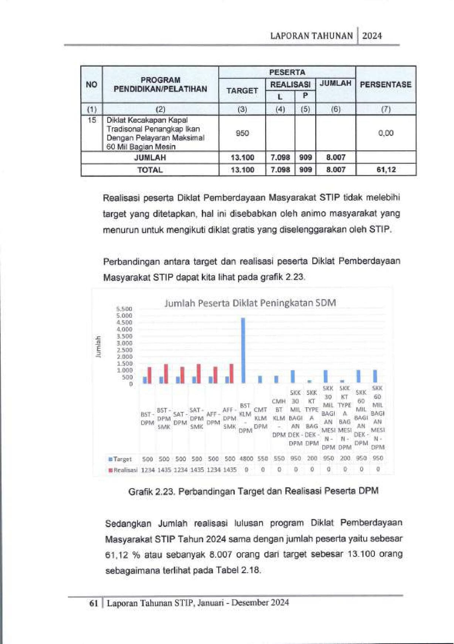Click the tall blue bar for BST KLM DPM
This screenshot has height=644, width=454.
coord(243,350)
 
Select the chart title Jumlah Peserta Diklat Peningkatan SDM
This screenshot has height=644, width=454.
coord(250,303)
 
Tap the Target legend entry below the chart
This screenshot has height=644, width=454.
coord(121,459)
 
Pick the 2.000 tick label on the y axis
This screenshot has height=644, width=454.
coord(124,357)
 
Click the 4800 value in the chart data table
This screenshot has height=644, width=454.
coord(246,459)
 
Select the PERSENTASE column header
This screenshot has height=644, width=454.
coord(386,84)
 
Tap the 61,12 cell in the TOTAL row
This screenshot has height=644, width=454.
coord(386,170)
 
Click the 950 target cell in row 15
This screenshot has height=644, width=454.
coord(242,133)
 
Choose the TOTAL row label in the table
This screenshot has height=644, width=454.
coord(150,170)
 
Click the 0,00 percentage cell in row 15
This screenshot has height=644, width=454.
coord(386,133)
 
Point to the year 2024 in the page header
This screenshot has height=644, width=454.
coord(372,36)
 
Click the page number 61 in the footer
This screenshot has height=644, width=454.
coord(94,603)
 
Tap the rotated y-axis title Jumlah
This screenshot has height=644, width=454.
coord(98,346)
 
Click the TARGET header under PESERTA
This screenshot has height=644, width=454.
coord(242,91)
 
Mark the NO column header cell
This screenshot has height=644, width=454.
coord(91,84)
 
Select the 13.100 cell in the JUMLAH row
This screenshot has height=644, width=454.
coord(242,158)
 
